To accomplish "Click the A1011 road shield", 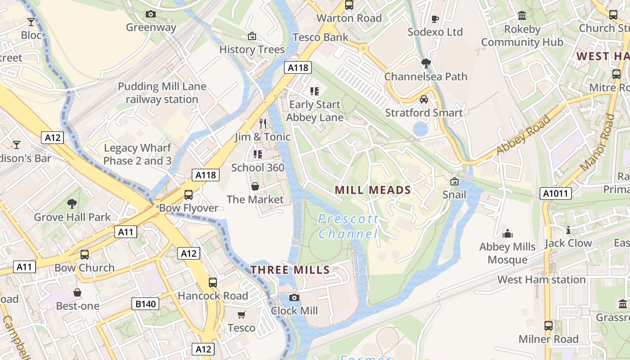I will point(555,193).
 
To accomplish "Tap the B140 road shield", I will point(146,304).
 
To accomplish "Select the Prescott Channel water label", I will point(348,226).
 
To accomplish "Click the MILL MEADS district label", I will point(373,190).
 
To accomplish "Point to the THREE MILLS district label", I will point(290,270).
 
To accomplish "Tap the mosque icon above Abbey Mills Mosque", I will point(508,234).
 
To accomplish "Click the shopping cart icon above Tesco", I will point(242,315).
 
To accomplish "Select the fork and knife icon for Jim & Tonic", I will point(263,123).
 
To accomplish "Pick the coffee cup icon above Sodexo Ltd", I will point(435,18).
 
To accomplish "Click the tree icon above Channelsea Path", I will point(426,63).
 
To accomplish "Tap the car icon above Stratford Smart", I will point(423,99).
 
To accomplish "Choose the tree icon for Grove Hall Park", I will point(72,204).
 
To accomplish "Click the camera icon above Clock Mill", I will point(294,297).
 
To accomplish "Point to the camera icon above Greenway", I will point(151,14).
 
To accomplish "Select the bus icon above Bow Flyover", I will point(189,195).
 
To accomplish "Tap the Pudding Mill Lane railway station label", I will point(162,93).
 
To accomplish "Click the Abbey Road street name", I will point(523,134).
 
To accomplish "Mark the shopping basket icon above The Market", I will point(255,186).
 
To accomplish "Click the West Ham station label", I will point(541,279).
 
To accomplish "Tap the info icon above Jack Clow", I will point(568,230).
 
